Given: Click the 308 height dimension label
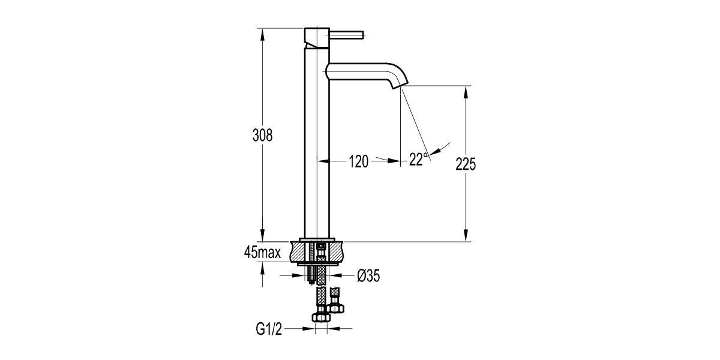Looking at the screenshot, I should coord(262,135).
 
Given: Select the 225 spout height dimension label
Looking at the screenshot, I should coord(466,164).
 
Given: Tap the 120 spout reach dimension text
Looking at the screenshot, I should coord(358,160).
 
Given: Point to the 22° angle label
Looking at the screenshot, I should coord(418,160).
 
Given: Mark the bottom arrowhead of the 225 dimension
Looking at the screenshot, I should coord(466,236).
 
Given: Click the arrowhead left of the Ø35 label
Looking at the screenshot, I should coord(301,275).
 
